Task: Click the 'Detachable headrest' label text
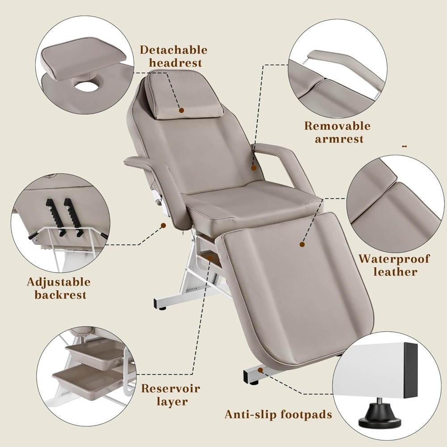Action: coord(173,56)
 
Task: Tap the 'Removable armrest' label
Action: coord(337,132)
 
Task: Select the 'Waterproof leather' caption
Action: coord(394,265)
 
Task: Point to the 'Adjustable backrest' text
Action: coord(59,288)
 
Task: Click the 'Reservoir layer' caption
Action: coord(171,395)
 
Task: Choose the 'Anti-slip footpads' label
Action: coord(278,414)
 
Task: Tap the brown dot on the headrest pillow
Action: coord(181,110)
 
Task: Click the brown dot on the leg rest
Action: coord(302,245)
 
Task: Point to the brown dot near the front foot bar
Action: coord(260,370)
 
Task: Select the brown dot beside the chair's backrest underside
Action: coord(163,225)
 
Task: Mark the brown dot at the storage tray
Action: coord(210,258)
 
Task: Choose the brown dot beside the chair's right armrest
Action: coord(254,168)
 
